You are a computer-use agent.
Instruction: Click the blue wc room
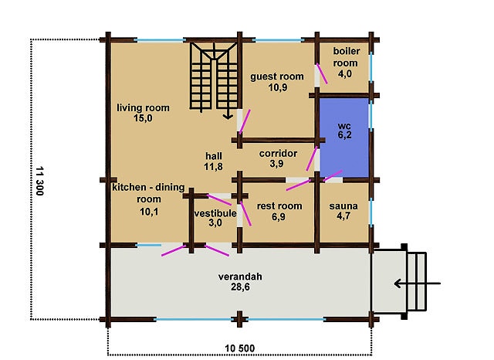344,138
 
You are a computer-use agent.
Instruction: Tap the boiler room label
346,56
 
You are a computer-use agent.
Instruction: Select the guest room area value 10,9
278,87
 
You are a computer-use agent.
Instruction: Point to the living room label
143,108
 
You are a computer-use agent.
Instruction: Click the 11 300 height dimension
39,181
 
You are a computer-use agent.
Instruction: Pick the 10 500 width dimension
240,348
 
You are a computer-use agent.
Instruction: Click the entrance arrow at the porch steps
417,284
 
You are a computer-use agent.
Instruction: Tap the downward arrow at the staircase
228,111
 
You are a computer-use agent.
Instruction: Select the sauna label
343,205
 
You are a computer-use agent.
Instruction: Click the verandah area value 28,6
240,287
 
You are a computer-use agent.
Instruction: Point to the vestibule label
215,213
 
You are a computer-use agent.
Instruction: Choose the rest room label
279,205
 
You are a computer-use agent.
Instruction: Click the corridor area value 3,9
276,164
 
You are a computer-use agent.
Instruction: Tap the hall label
214,156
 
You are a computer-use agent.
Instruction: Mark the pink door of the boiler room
322,73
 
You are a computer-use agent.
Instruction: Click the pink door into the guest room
245,122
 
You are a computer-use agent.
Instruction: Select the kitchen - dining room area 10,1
149,212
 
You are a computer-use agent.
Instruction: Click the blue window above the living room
160,40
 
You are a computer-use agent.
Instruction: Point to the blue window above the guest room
278,40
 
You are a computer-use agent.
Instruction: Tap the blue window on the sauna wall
371,212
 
